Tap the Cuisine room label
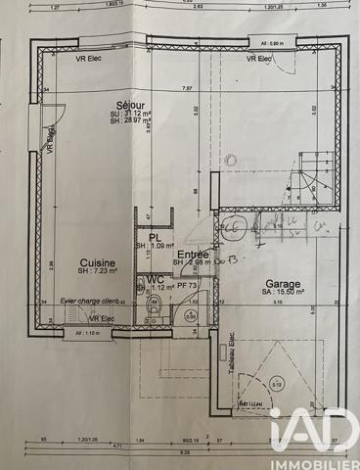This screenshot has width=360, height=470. pyautogui.click(x=99, y=263)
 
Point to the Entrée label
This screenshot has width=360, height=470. pyautogui.click(x=191, y=255)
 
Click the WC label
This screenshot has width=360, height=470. pyautogui.click(x=155, y=279)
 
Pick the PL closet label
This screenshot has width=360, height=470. pyautogui.click(x=155, y=236)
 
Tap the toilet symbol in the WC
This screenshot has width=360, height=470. pyautogui.click(x=153, y=310)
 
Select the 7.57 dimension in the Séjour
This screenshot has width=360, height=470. pyautogui.click(x=186, y=88)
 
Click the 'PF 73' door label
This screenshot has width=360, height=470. pyautogui.click(x=187, y=286)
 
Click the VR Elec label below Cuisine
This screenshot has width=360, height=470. pyautogui.click(x=102, y=319)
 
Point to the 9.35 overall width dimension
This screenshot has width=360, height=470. pyautogui.click(x=184, y=453)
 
